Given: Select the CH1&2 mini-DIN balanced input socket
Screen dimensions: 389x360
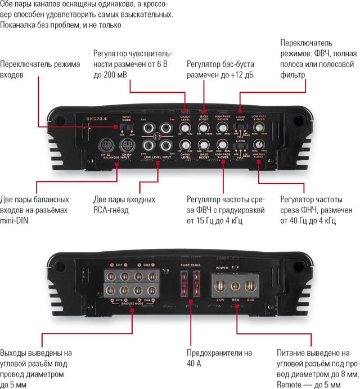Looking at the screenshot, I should coord(106,145).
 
